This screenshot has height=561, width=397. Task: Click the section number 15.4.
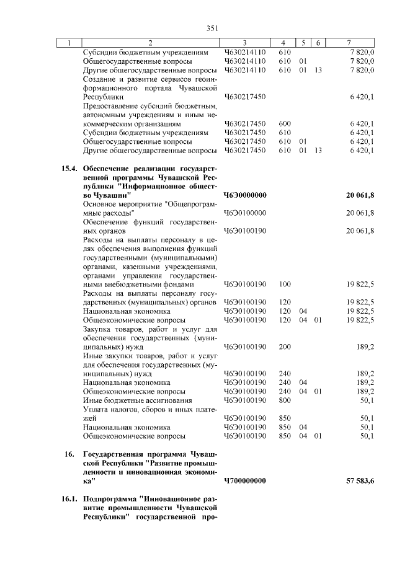coord(69,168)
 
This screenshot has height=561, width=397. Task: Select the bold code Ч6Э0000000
coord(245,195)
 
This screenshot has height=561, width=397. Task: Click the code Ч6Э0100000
coord(245,213)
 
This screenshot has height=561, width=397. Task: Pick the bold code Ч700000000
coord(245,480)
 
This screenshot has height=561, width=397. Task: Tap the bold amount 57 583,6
coord(360,480)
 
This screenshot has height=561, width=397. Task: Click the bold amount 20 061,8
coord(360,195)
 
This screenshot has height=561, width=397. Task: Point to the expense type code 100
coord(285,284)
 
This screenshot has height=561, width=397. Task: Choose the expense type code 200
coord(285,347)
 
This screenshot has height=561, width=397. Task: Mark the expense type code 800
coord(285,400)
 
